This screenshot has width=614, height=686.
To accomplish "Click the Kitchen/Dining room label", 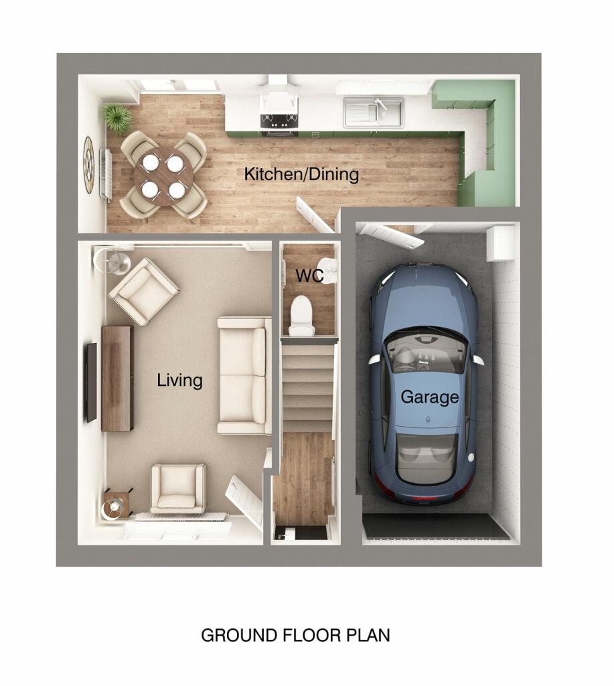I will [x=301, y=175].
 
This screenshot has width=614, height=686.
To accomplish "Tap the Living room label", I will [x=179, y=381].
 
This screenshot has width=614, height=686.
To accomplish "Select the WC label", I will [x=309, y=275].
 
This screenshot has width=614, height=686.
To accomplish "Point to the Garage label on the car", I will [x=429, y=397].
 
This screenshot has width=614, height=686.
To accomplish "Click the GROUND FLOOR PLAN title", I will [x=295, y=635].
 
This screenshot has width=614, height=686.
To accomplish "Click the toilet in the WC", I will [x=303, y=315].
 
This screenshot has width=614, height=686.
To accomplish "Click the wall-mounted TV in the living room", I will [x=91, y=382].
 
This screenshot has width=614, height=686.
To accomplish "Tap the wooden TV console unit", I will [x=117, y=378].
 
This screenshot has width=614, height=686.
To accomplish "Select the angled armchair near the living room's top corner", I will [x=144, y=291].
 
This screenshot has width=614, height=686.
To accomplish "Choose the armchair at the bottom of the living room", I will [x=177, y=488].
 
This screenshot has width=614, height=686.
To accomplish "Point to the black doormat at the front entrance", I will [x=301, y=533].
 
